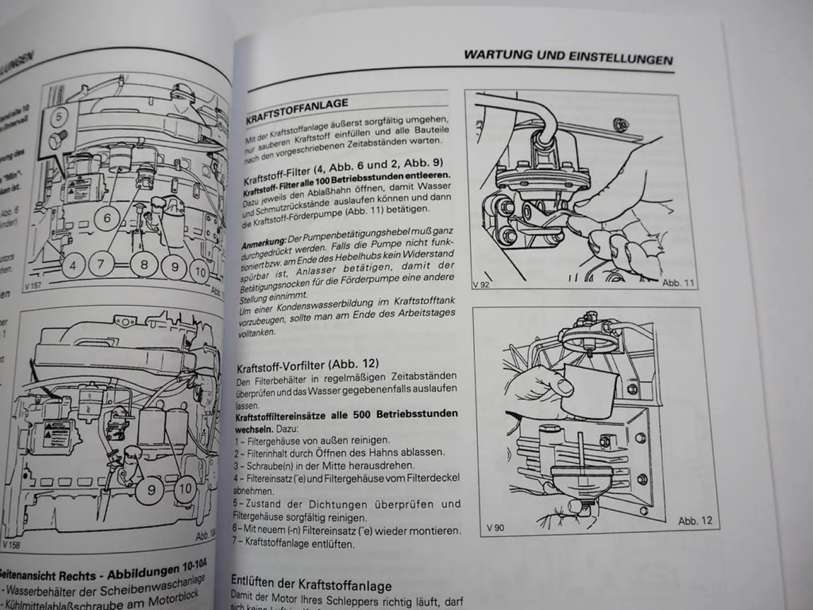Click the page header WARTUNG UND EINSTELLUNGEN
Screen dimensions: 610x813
coord(568,56)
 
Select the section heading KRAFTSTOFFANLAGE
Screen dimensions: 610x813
coord(296,110)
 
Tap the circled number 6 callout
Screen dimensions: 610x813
coord(107,219)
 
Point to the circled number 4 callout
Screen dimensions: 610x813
coord(73,266)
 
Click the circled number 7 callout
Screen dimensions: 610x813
coord(101,265)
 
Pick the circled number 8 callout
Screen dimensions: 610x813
coord(144,265)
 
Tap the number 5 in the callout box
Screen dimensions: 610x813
coord(59,117)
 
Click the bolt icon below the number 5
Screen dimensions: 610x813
coord(57,140)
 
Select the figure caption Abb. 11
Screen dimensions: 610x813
coord(677,283)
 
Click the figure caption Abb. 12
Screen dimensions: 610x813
coord(695,521)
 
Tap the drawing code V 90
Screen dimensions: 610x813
coord(495,528)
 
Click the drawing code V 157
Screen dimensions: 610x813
coord(34,284)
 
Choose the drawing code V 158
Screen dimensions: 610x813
coord(12,544)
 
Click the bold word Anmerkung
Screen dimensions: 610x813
coord(263,242)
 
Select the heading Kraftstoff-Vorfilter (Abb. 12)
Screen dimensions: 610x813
coord(307,365)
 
